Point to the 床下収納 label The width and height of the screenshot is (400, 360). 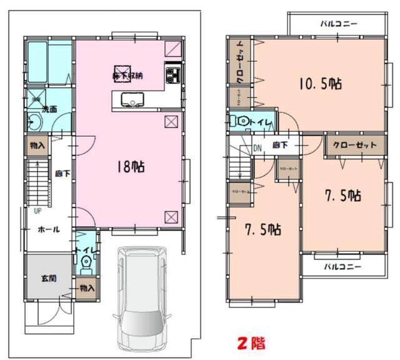click(x=127, y=75)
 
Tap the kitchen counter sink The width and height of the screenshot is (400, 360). click(x=132, y=99)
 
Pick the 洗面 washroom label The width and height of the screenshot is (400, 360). click(x=49, y=109)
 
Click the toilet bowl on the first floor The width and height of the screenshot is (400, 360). click(x=86, y=263)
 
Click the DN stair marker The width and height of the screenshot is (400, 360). click(x=257, y=148)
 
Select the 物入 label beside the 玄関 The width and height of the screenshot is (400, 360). click(x=86, y=288)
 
